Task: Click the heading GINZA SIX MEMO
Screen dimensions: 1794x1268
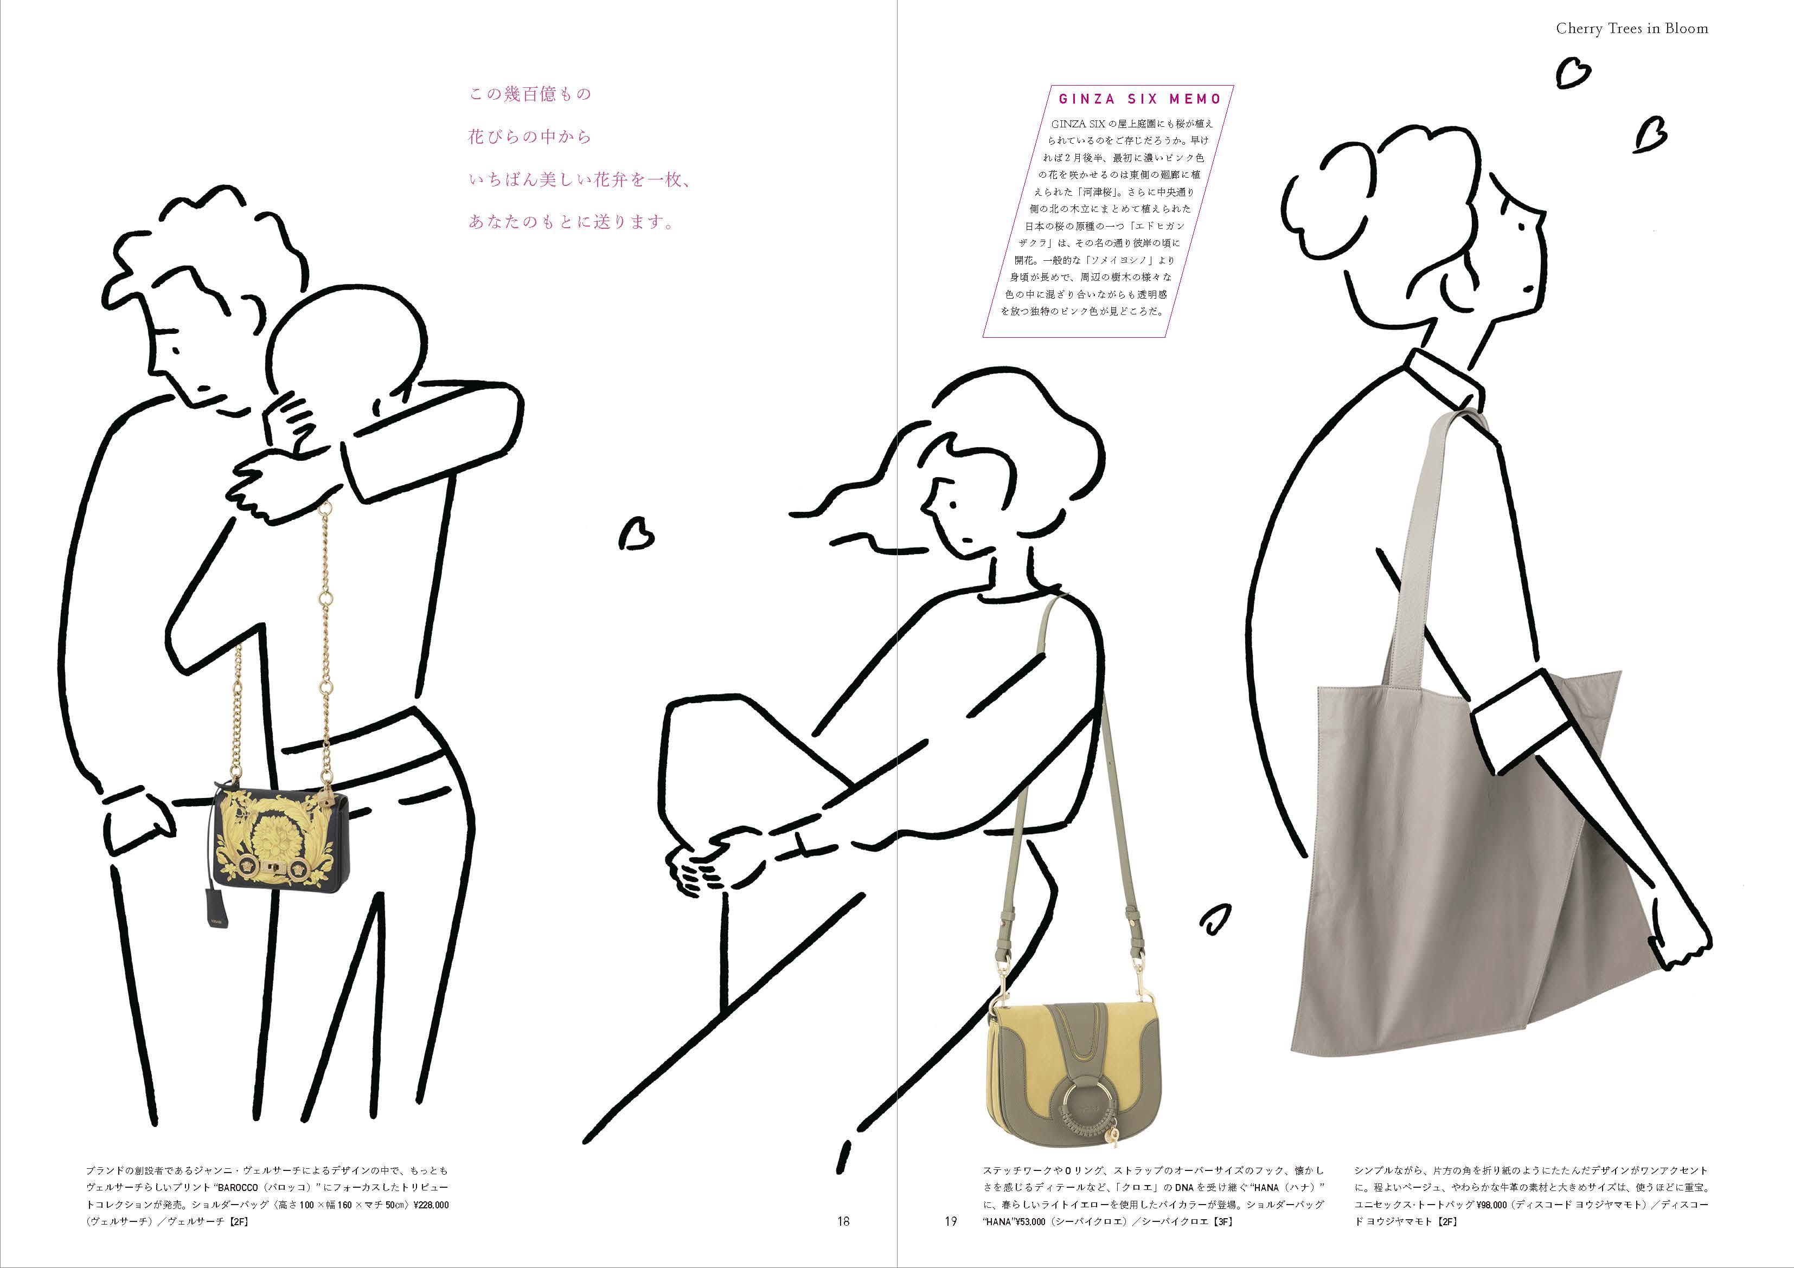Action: [x=1140, y=99]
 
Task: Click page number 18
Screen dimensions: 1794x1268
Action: [x=843, y=1221]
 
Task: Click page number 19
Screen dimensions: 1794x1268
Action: [x=950, y=1221]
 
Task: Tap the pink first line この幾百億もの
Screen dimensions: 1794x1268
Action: [x=530, y=94]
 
